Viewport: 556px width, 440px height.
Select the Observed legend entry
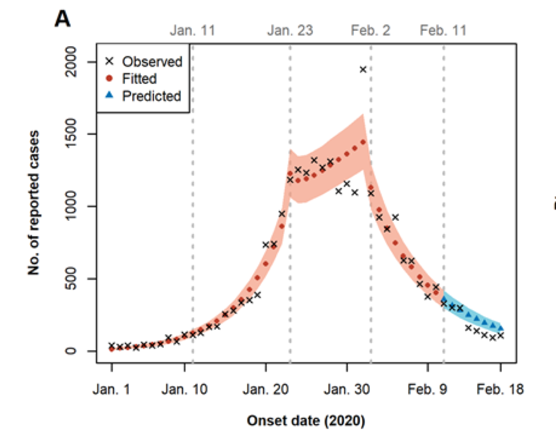point(152,61)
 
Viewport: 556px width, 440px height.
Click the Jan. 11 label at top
point(192,30)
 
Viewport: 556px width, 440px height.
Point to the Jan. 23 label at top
point(290,30)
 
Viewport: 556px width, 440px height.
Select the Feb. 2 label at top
point(371,30)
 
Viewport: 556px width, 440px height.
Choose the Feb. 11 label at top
point(443,30)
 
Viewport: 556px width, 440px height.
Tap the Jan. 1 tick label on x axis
point(112,389)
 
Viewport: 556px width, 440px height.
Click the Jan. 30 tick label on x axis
point(347,389)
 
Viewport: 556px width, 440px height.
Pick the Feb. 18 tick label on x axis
point(500,389)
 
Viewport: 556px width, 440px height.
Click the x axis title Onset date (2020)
point(306,422)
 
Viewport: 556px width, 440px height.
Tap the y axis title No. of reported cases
point(33,206)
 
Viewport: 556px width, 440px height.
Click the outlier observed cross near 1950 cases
point(363,70)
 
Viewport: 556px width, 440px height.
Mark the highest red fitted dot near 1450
point(363,142)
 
